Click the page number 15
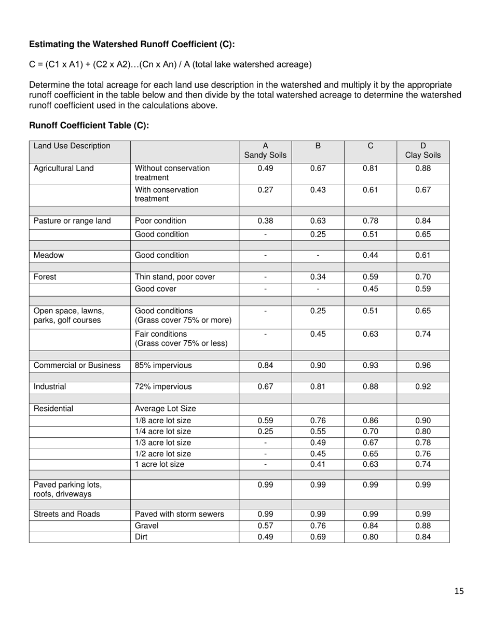459,591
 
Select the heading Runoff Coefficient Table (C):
89,125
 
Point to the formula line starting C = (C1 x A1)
170,64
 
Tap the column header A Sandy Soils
265,151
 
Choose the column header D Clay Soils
422,151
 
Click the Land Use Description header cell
72,146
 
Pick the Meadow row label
49,255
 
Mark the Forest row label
45,277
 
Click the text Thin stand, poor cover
175,277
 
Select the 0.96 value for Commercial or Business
422,365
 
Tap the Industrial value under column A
265,386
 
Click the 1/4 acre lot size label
163,432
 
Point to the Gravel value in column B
318,526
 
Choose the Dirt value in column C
370,537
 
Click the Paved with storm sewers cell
180,515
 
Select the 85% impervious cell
163,365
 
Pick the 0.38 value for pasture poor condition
265,221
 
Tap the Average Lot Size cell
166,409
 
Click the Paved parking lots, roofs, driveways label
67,490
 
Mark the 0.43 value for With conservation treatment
318,190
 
